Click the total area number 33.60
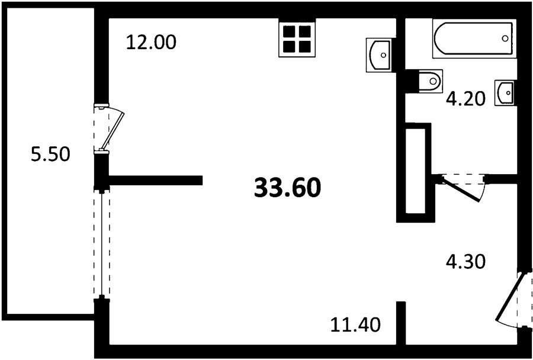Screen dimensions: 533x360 click(x=287, y=188)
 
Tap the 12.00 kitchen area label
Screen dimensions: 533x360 click(x=151, y=43)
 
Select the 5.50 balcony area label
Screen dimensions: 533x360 click(x=51, y=155)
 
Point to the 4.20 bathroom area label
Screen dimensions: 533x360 click(x=465, y=99)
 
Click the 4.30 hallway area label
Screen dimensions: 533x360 click(x=465, y=262)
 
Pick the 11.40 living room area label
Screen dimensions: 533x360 click(x=355, y=324)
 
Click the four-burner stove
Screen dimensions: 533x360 click(x=297, y=38)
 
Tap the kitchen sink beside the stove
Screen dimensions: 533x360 click(x=379, y=55)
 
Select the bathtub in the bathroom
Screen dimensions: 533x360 click(x=474, y=38)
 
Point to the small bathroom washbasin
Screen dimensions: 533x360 click(x=505, y=93)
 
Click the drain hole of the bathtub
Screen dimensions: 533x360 click(x=505, y=38)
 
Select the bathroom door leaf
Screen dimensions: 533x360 click(x=461, y=189)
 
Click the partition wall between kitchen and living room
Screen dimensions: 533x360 click(x=155, y=180)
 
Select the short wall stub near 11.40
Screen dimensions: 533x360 click(x=401, y=323)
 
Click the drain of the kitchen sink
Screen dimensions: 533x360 click(x=383, y=55)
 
